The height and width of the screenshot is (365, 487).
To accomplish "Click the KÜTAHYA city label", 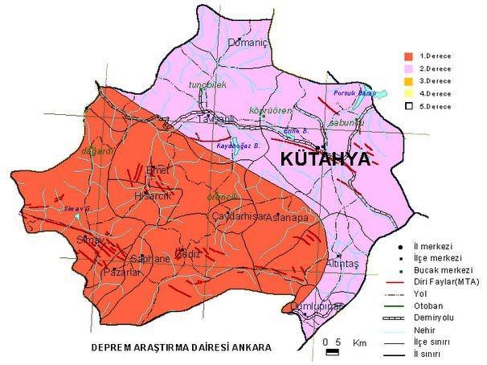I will (325, 159).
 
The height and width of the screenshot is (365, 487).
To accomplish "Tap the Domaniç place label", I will (247, 43).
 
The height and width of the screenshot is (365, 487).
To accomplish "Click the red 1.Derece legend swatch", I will (408, 56).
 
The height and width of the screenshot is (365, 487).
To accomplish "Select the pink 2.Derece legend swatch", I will (408, 69).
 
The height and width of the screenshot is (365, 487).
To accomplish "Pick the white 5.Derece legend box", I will (408, 106).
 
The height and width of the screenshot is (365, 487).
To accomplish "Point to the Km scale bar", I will (332, 351).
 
